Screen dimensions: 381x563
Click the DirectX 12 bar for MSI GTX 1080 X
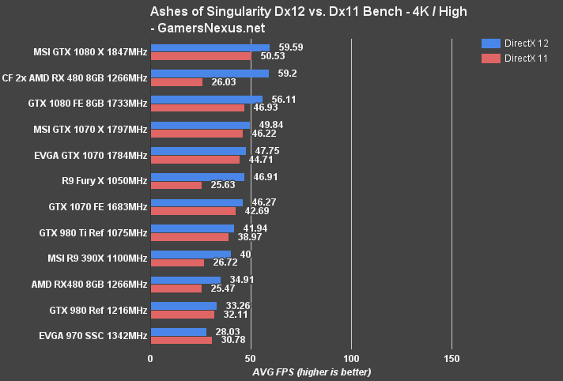coord(210,47)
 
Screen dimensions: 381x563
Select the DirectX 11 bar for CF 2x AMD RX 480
coord(176,82)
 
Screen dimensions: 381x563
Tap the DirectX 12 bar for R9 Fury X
coord(197,177)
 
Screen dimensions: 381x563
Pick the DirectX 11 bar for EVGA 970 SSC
coord(181,341)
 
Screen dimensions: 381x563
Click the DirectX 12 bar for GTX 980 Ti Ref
coord(192,228)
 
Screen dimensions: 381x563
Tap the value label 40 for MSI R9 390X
coord(246,255)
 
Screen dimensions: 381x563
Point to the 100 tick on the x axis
coord(351,359)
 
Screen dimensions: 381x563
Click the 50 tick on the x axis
coord(251,359)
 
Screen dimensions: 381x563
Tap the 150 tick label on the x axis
coord(452,359)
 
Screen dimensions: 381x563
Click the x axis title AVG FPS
coord(312,372)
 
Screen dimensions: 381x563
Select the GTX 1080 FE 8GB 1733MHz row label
coord(93,104)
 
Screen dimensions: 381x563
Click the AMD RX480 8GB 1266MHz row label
coord(94,284)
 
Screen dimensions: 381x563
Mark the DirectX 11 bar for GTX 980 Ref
coord(183,315)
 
